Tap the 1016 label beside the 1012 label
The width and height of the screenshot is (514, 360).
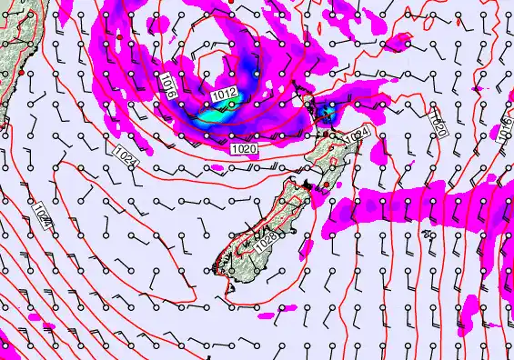tap(166, 88)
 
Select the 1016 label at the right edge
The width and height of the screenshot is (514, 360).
tap(503, 129)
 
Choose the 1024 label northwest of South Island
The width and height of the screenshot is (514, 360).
tap(127, 156)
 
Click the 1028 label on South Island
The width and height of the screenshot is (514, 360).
tap(265, 242)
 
